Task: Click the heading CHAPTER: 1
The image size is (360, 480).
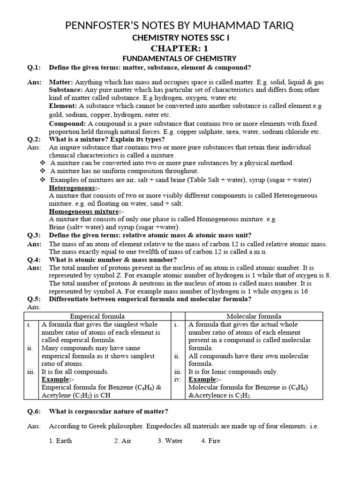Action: [x=180, y=48]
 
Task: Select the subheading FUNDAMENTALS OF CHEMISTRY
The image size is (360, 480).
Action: [x=180, y=59]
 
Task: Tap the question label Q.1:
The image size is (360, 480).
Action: [x=34, y=67]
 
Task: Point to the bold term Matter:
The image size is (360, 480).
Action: [x=61, y=82]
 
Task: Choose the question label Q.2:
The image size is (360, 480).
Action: [x=34, y=140]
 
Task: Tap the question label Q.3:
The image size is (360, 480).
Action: [x=34, y=235]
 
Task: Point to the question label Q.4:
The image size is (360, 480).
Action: [x=34, y=260]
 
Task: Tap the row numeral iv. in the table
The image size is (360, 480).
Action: [x=177, y=379]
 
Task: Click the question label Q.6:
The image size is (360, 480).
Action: [x=34, y=412]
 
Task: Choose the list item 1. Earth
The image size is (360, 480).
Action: [x=60, y=441]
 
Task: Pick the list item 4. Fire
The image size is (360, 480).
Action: [x=210, y=441]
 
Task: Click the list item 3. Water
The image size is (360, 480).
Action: [x=170, y=441]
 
